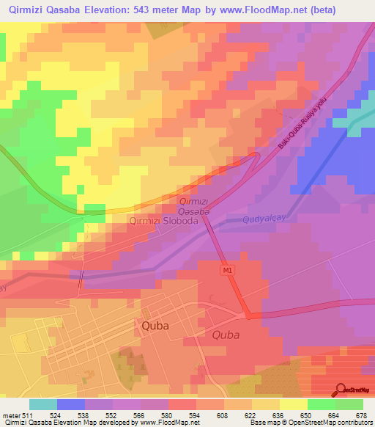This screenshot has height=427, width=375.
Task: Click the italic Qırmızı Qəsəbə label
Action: click(x=195, y=206)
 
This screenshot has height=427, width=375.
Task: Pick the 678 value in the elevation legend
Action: click(x=361, y=415)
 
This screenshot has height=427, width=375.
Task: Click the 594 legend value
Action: click(x=195, y=415)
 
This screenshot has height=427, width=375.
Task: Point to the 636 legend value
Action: click(x=278, y=415)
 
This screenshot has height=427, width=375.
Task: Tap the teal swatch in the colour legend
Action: click(x=42, y=404)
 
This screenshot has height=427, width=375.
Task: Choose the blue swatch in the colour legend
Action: click(x=71, y=404)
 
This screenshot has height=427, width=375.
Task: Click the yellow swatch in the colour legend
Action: click(x=294, y=404)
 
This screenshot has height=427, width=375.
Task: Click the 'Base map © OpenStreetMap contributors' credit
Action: click(x=310, y=423)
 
